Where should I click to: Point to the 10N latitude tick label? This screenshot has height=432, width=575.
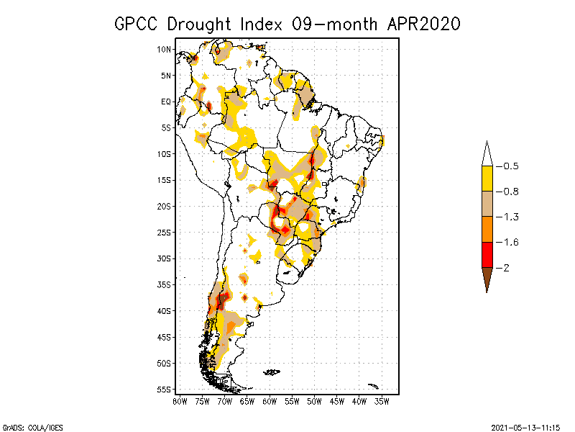(x=164, y=50)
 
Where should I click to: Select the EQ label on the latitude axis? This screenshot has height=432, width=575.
(x=166, y=102)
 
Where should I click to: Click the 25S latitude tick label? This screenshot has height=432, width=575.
(x=164, y=233)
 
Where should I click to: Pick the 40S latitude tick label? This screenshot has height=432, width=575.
(x=164, y=311)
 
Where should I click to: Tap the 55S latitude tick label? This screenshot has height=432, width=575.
(x=164, y=390)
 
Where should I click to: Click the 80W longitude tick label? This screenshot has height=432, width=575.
(x=180, y=400)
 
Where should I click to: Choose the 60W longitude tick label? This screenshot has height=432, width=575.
(x=270, y=400)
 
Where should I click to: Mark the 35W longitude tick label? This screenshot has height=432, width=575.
(x=382, y=400)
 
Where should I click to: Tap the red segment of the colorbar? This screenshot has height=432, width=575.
(x=487, y=255)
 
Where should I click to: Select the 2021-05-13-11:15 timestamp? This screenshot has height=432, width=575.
(x=525, y=426)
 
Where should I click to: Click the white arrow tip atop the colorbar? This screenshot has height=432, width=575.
(x=487, y=154)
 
